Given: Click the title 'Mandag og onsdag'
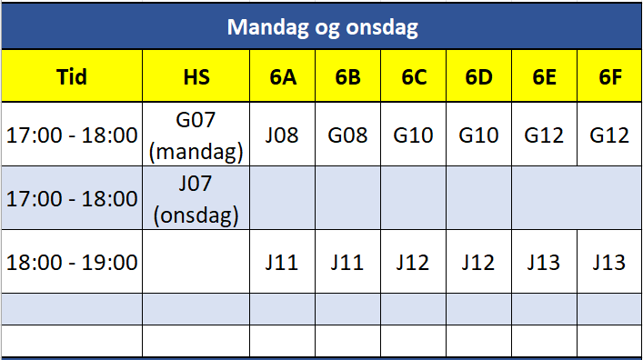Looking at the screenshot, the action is coord(323,27).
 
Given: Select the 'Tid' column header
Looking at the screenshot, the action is coord(72,76).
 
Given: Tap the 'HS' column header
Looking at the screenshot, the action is coord(196,76).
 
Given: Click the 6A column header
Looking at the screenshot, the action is coord(283,76).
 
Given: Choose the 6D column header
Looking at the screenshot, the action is coord(478,76).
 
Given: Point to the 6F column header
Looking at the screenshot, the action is coord(609,76).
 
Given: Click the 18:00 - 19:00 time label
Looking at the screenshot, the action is coord(72,263).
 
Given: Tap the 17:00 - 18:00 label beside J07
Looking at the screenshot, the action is coord(72,199).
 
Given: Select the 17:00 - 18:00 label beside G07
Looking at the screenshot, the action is coord(72,135).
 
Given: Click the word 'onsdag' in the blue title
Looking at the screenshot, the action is coord(382,27).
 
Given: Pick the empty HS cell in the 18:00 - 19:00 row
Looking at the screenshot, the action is coord(196,262).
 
